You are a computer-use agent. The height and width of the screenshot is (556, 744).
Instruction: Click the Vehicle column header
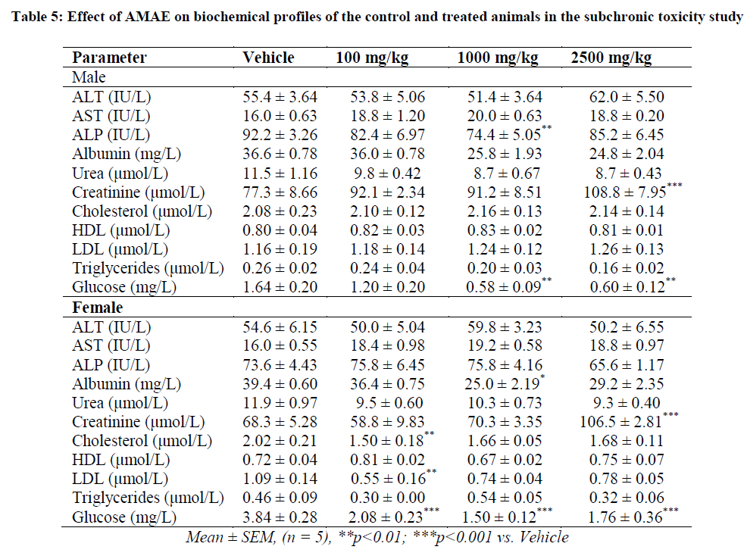(268, 58)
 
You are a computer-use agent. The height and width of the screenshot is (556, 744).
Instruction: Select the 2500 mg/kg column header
(611, 58)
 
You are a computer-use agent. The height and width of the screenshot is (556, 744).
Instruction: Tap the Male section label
(89, 77)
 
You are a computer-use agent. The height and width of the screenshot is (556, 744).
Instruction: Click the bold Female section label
(97, 308)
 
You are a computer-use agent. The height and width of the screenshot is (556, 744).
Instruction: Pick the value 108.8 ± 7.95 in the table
(627, 192)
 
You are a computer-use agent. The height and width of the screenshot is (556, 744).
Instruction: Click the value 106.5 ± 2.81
(627, 422)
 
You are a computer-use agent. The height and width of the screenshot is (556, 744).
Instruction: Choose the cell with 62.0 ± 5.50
(627, 97)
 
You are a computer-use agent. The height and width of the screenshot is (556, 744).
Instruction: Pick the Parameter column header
(109, 58)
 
